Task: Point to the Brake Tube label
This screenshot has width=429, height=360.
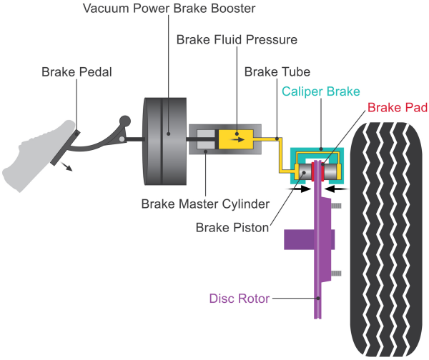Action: coord(274,72)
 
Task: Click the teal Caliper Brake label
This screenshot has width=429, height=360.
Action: coord(320,91)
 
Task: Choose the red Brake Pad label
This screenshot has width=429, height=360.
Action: coord(398,107)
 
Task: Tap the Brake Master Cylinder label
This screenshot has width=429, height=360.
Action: coord(204,204)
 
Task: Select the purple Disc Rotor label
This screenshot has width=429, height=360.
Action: coord(240,299)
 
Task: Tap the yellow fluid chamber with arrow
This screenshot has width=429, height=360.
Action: coord(237,137)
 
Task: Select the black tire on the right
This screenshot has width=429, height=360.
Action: coord(387,236)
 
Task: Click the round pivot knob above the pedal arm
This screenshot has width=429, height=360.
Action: coord(126,122)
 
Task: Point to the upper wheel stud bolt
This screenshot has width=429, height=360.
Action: coord(335,206)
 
